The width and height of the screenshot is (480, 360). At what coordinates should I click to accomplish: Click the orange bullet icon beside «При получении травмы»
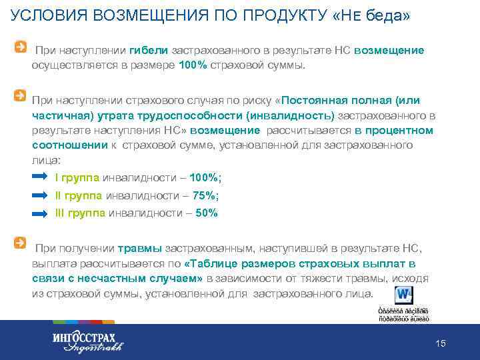click(22, 243)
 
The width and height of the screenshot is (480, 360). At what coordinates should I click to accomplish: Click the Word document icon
click(403, 295)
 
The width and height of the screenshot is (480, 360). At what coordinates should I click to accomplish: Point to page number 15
click(440, 343)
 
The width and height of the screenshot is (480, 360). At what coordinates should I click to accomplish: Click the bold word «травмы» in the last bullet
click(139, 249)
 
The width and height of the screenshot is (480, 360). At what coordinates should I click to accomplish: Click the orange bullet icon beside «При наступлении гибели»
click(22, 47)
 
